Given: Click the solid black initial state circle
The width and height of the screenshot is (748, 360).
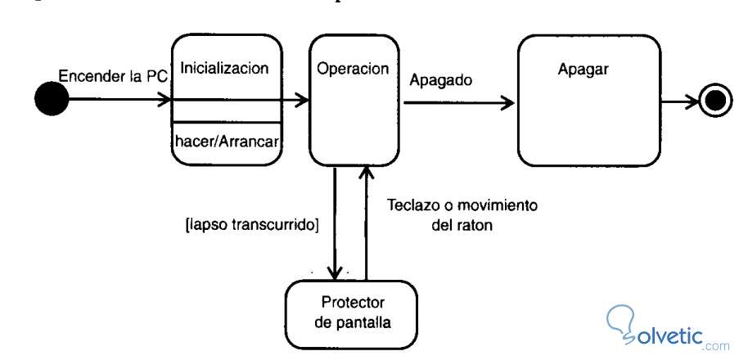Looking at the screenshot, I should (51, 100).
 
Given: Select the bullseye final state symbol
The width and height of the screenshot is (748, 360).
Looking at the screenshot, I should (714, 101).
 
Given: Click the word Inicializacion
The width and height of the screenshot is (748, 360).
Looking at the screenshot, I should (223, 68).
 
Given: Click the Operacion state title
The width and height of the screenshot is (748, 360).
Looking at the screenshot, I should (353, 68).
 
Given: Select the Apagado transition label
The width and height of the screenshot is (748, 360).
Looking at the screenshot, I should (441, 80).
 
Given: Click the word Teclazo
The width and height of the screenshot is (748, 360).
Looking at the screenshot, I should (415, 205).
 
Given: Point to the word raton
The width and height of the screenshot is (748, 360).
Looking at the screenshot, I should (475, 224).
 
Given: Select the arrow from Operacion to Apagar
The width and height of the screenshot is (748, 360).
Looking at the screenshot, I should (458, 102).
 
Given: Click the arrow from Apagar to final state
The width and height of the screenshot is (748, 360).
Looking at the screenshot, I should (680, 101).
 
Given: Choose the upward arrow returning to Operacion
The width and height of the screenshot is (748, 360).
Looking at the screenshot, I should (367, 221).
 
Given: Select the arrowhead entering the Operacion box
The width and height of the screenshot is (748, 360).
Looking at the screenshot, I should (302, 100).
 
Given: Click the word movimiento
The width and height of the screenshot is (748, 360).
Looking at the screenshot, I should (502, 205).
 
